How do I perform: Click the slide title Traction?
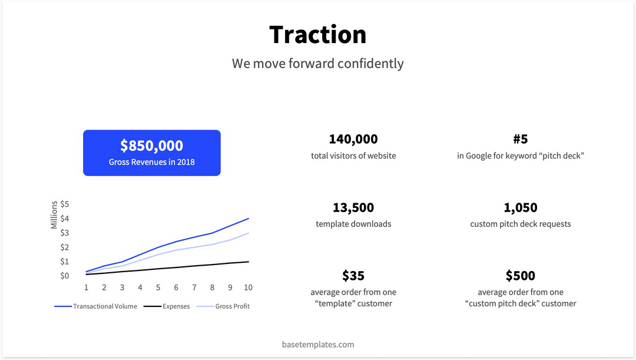[x=318, y=35]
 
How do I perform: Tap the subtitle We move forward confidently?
[x=318, y=63]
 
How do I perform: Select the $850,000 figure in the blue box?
[x=151, y=146]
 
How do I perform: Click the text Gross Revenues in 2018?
[x=151, y=162]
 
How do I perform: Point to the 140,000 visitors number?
[x=353, y=140]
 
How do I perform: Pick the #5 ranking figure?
[x=521, y=140]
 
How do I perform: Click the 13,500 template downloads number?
[x=353, y=208]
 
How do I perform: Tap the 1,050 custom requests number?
[x=521, y=208]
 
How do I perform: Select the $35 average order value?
[x=353, y=276]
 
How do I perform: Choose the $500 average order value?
[x=521, y=276]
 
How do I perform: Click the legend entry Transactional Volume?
[x=105, y=306]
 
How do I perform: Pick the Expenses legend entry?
[x=176, y=306]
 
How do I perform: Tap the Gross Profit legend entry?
[x=232, y=306]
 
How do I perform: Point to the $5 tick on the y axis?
[x=65, y=204]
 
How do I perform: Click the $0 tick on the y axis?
[x=65, y=276]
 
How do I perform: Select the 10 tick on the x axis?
[x=249, y=288]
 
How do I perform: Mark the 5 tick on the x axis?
[x=158, y=288]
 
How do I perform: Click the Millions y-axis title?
[x=54, y=215]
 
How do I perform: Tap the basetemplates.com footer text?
[x=318, y=344]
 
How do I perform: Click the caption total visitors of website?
[x=353, y=156]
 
